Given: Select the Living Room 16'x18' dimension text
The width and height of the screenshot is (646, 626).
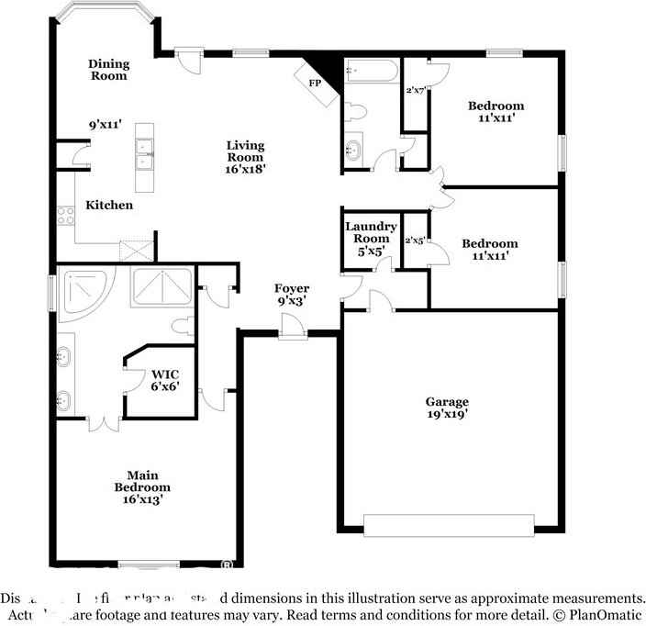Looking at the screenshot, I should pyautogui.click(x=246, y=168).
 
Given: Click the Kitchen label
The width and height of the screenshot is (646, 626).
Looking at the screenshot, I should pyautogui.click(x=109, y=206).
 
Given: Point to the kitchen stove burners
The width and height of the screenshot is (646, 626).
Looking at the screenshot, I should pyautogui.click(x=66, y=217).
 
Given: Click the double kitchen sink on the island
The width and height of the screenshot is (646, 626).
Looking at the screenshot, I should pyautogui.click(x=144, y=154).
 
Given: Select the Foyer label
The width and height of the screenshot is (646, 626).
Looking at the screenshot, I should pyautogui.click(x=292, y=288).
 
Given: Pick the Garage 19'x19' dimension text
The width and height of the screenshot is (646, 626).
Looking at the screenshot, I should pyautogui.click(x=447, y=414).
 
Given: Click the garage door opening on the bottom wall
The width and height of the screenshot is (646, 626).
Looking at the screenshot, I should pyautogui.click(x=449, y=524).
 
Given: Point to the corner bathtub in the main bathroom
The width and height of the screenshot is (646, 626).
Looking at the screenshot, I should pyautogui.click(x=84, y=292).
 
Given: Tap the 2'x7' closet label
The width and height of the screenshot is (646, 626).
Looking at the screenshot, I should pyautogui.click(x=416, y=90).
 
